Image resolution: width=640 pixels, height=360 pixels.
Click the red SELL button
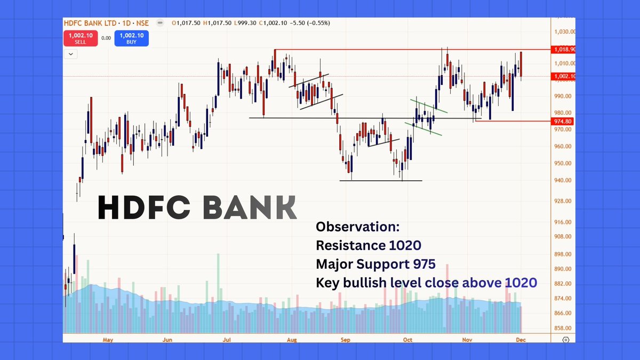point(80,38)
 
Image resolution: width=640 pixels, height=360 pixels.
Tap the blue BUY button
point(131,38)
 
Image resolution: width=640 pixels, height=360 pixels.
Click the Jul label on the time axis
point(227,339)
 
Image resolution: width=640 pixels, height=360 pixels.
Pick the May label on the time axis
point(108,339)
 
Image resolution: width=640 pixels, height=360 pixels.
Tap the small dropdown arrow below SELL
point(71,54)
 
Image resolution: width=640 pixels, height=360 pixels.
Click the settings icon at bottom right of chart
point(566,340)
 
